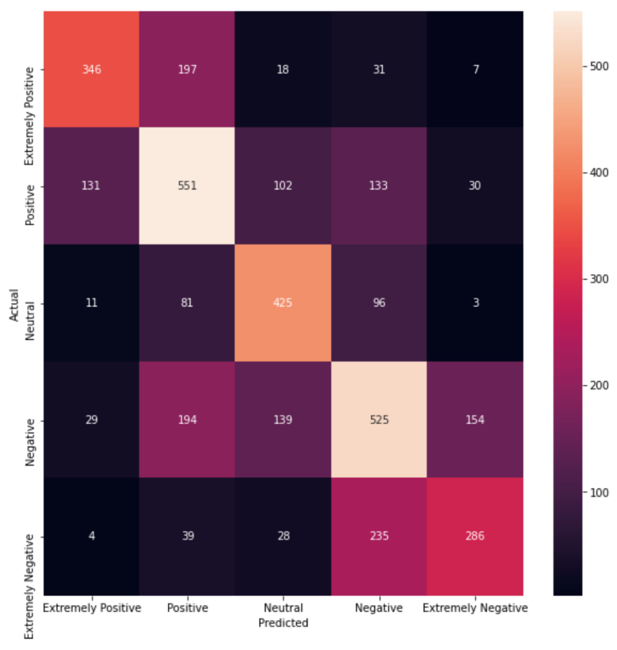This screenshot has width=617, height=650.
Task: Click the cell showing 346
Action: click(x=91, y=70)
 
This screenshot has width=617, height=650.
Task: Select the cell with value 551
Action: click(x=187, y=186)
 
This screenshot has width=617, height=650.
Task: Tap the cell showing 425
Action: click(x=283, y=303)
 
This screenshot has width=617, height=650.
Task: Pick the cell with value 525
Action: click(x=379, y=420)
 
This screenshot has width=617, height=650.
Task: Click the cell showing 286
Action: click(x=475, y=536)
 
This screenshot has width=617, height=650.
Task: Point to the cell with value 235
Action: click(x=379, y=536)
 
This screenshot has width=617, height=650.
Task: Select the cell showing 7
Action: click(x=476, y=70)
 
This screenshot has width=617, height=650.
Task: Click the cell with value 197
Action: click(x=187, y=70)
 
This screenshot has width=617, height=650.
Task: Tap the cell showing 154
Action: click(x=475, y=420)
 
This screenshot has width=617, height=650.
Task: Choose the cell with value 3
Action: click(x=476, y=303)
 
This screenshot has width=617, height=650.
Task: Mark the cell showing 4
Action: click(x=92, y=536)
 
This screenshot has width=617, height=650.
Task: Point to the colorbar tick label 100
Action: click(x=599, y=492)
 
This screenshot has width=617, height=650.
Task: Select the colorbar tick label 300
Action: click(x=599, y=279)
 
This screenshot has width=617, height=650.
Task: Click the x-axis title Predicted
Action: click(x=283, y=623)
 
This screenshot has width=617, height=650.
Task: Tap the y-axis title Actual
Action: click(x=14, y=305)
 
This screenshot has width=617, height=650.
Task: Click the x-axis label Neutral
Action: click(x=283, y=607)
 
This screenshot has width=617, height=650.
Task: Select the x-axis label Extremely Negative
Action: click(x=475, y=607)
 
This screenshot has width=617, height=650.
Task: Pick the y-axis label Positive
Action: click(x=30, y=205)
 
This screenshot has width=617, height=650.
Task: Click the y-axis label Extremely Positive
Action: click(x=29, y=116)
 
